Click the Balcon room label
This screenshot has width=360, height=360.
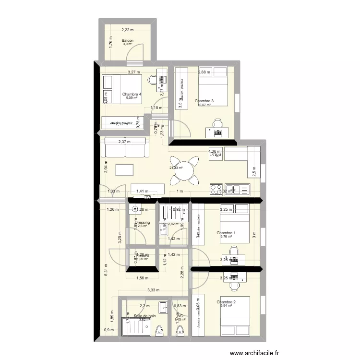(x=127, y=41)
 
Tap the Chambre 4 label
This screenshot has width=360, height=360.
(x=132, y=95)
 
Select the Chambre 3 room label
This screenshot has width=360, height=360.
(x=204, y=101)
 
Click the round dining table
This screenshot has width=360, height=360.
(x=185, y=170)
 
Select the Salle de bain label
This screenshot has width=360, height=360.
(x=144, y=316)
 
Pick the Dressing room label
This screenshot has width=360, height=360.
(x=143, y=223)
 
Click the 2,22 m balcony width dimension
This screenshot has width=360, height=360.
(x=127, y=30)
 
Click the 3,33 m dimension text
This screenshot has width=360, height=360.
(x=154, y=290)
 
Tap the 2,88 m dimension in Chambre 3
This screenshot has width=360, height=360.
(x=204, y=72)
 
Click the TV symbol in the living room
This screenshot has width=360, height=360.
(x=147, y=197)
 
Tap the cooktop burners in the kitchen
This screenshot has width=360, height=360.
(x=216, y=188)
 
